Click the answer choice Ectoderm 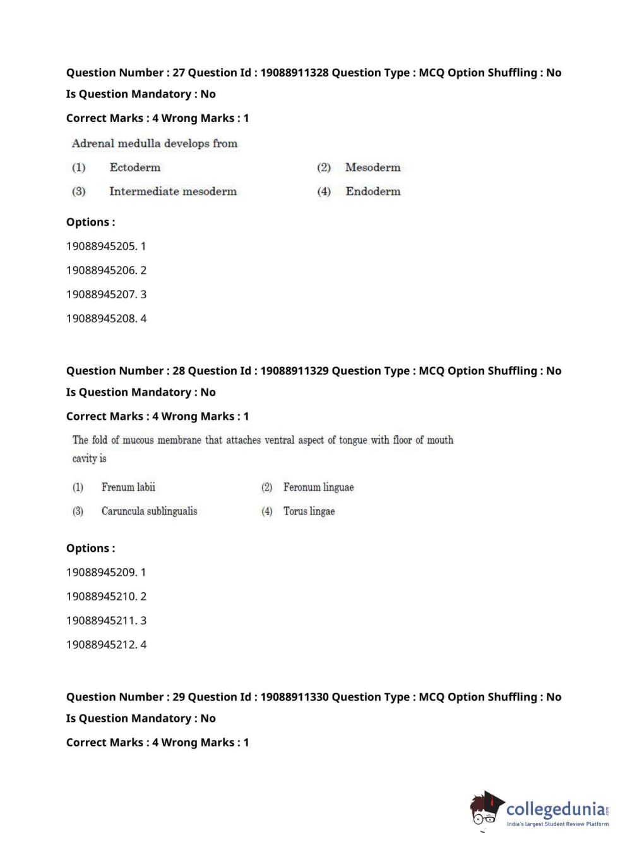tap(134, 167)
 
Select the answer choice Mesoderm tap(373, 167)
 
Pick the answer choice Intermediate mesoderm tap(172, 191)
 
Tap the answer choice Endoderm tap(373, 191)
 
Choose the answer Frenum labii tap(128, 487)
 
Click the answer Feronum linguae tap(318, 487)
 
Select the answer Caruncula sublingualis tap(149, 511)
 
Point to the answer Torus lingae tap(309, 511)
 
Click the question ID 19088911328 tap(294, 73)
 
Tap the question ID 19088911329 tap(294, 371)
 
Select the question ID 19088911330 tap(294, 697)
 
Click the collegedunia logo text tap(555, 809)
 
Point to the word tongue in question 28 tap(352, 440)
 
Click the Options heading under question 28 tap(90, 549)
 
